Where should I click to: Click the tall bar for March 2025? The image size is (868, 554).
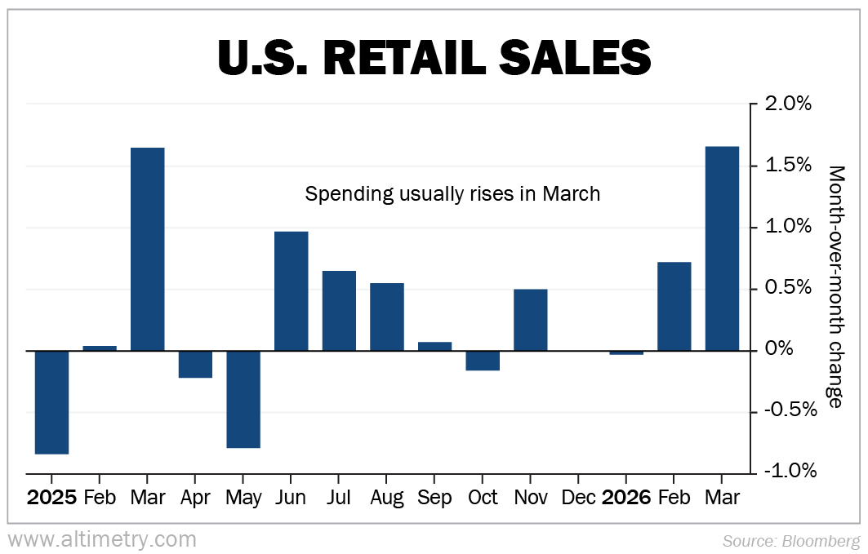(x=148, y=249)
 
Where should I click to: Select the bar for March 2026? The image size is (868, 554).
(x=722, y=248)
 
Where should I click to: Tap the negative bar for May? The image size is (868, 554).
(x=243, y=399)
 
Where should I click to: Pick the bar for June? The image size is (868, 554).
(x=291, y=291)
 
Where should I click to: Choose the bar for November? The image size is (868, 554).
(x=530, y=320)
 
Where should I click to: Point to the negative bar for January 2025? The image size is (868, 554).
(x=51, y=402)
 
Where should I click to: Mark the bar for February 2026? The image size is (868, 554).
(x=674, y=306)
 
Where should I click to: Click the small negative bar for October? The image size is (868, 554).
(x=483, y=361)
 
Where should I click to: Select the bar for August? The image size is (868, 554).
(x=386, y=317)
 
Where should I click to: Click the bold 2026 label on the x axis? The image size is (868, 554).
(x=625, y=498)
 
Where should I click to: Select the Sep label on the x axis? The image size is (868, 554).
(x=434, y=498)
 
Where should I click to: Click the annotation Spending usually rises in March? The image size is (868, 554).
(x=452, y=194)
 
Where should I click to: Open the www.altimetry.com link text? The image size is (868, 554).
(x=103, y=539)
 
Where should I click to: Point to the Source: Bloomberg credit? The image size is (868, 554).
(x=791, y=540)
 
